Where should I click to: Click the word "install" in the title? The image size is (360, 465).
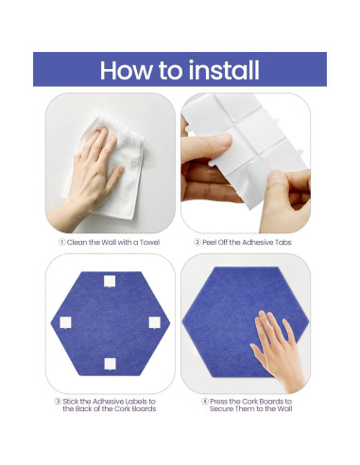[224, 70]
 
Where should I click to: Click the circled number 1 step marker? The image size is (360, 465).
[62, 242]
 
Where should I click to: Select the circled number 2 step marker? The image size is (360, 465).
[197, 242]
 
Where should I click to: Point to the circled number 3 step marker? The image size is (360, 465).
[58, 402]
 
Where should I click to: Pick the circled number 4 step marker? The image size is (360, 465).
[205, 402]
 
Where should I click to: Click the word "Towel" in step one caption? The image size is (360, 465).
[149, 242]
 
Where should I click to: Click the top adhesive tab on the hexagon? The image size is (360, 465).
[110, 282]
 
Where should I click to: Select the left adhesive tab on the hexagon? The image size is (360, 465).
[65, 322]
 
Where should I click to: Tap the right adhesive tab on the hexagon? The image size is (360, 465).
[155, 322]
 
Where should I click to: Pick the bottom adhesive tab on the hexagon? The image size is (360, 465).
[110, 364]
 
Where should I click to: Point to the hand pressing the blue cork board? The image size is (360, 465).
[277, 352]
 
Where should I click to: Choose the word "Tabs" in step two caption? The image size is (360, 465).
[283, 242]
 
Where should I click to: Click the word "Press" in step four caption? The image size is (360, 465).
[219, 402]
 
